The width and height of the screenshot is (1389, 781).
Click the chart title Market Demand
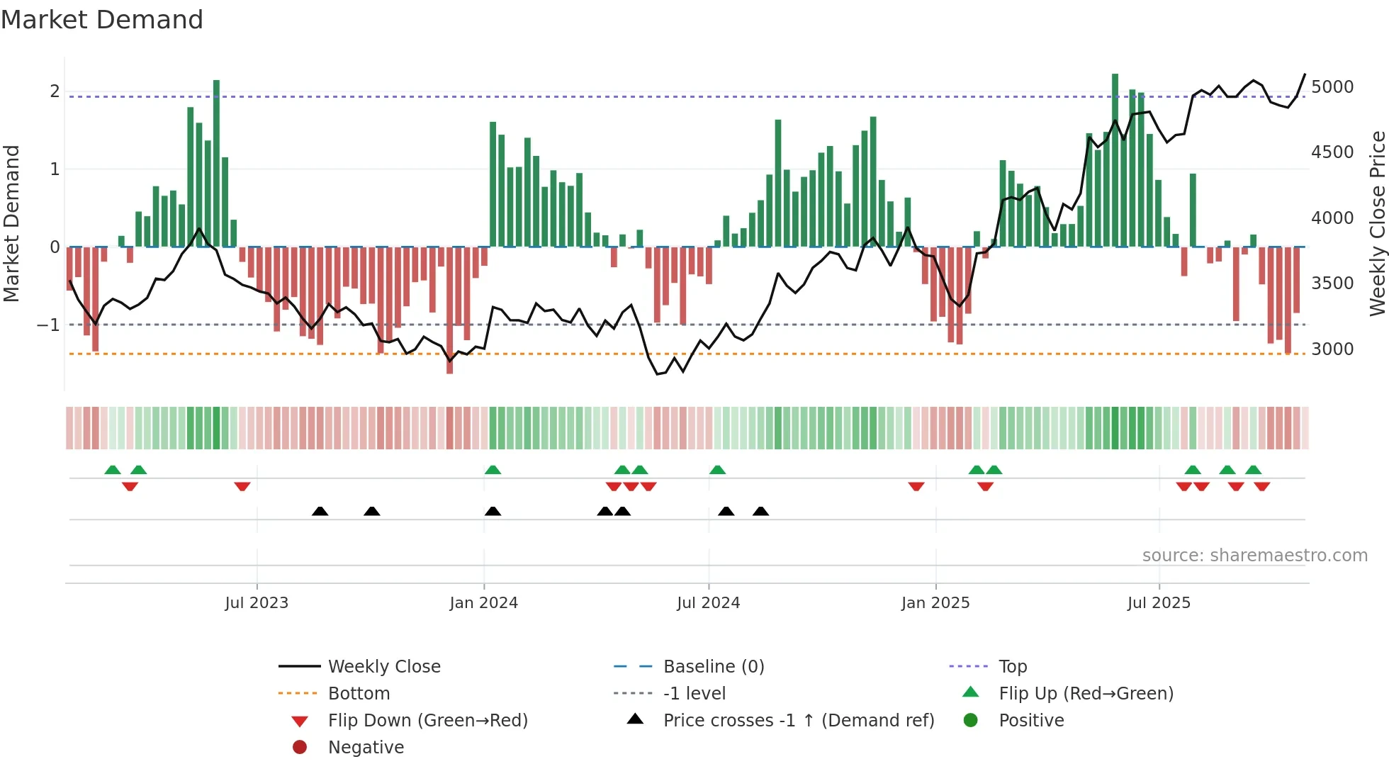click(x=102, y=20)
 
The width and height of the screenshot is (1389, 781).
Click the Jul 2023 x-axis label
click(x=257, y=603)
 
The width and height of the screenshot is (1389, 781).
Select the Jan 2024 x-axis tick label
click(x=483, y=603)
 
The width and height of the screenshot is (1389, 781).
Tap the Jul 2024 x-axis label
click(x=708, y=603)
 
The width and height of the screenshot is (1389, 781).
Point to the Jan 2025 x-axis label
click(x=935, y=603)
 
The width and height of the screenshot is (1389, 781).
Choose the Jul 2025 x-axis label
click(x=1159, y=603)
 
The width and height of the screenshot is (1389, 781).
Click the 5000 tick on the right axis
click(x=1332, y=87)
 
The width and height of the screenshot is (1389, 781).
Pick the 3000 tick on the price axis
click(x=1332, y=349)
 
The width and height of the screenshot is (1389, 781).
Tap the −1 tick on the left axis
click(x=48, y=325)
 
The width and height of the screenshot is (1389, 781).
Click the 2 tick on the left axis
click(x=55, y=91)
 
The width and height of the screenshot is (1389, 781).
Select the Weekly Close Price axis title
click(x=1377, y=223)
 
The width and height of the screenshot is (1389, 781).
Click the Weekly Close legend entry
click(x=383, y=667)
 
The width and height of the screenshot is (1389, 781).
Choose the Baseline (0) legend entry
click(x=713, y=667)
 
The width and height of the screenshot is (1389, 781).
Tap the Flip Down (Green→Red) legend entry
click(x=427, y=721)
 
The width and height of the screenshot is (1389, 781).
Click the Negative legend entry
click(x=366, y=748)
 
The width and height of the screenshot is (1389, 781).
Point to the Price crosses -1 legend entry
click(x=798, y=721)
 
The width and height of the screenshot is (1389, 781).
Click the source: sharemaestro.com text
click(x=1254, y=556)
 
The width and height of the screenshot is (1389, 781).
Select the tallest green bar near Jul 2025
click(x=1115, y=159)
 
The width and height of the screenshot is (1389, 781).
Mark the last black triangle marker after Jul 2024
click(x=760, y=512)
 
